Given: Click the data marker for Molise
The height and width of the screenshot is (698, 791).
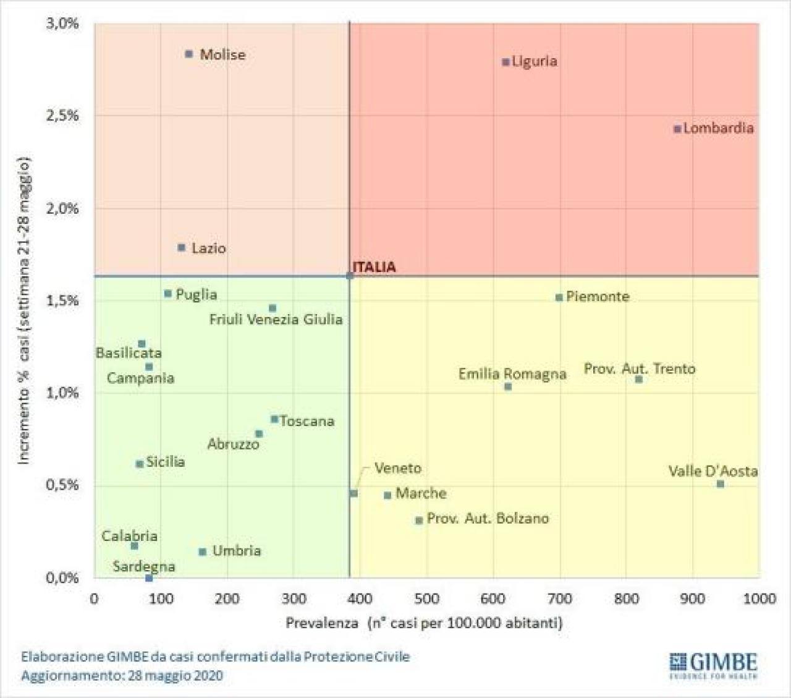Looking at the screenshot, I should point(189,54).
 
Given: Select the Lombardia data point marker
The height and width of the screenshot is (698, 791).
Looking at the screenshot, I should point(677,129).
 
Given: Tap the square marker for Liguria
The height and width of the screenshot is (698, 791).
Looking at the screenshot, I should point(505,62).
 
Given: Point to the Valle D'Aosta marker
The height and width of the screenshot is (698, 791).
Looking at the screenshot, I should point(721,484).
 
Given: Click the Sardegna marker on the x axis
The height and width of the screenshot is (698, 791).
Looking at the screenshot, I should point(149,578).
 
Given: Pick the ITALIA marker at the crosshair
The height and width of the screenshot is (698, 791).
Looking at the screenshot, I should point(350,276).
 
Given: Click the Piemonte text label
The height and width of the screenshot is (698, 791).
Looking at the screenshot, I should point(597,297).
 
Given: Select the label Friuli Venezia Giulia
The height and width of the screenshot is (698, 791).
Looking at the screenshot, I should point(276,320).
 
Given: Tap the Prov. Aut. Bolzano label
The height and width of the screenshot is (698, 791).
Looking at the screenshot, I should point(488,519).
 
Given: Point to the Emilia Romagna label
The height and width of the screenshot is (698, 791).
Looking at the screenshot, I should point(512,374).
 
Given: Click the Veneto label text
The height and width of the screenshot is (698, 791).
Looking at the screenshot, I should point(397,469).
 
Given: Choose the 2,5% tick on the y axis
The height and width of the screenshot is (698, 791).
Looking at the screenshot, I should point(62,116).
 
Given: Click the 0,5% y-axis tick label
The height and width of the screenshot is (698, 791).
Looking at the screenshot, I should point(62,485).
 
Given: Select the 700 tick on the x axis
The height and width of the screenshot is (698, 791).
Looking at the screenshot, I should point(560,598).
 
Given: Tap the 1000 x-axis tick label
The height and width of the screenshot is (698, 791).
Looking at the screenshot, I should point(759,598).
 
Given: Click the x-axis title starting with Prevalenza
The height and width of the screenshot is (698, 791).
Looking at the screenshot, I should point(424,623).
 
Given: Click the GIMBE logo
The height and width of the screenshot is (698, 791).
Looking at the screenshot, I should point(713,665).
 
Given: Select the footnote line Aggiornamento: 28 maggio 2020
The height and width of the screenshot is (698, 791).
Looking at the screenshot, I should point(122,675).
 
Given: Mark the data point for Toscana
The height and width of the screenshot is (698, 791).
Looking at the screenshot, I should point(274,419).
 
